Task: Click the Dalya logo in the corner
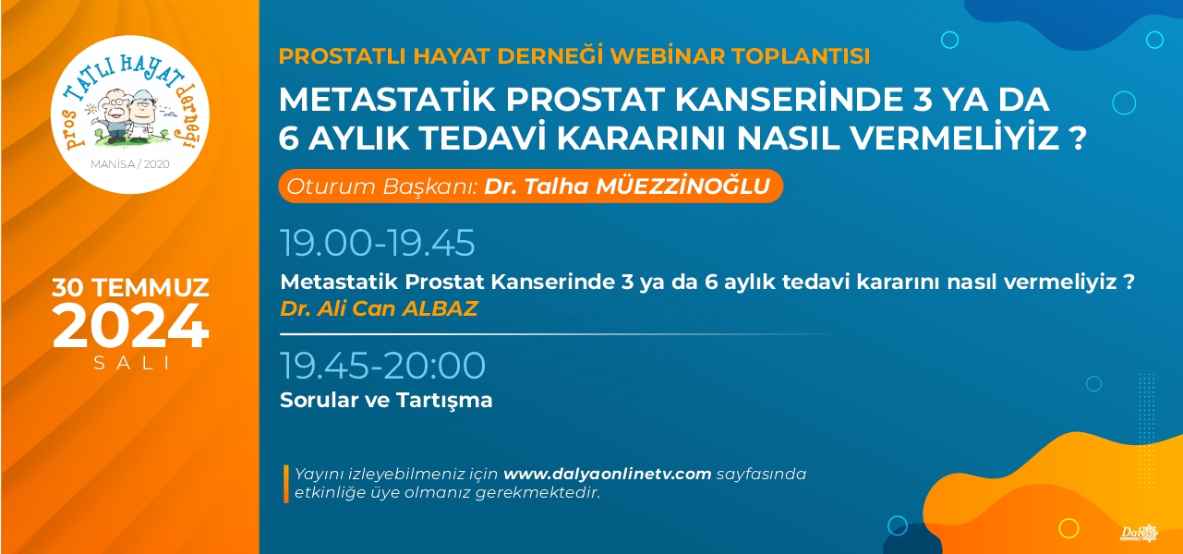(1140, 534)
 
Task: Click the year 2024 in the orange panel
(130, 326)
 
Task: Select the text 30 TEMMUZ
(130, 288)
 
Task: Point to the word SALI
(131, 363)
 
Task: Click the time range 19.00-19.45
(378, 243)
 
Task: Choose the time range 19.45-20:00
(383, 365)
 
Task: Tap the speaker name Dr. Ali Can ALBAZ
(379, 308)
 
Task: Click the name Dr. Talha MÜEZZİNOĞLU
(627, 187)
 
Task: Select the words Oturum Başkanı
(381, 187)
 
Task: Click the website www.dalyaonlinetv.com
(608, 474)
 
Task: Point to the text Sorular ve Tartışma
(386, 400)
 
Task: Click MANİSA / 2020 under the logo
(130, 164)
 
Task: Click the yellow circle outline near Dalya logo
(1068, 527)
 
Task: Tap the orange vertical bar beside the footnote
(286, 484)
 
